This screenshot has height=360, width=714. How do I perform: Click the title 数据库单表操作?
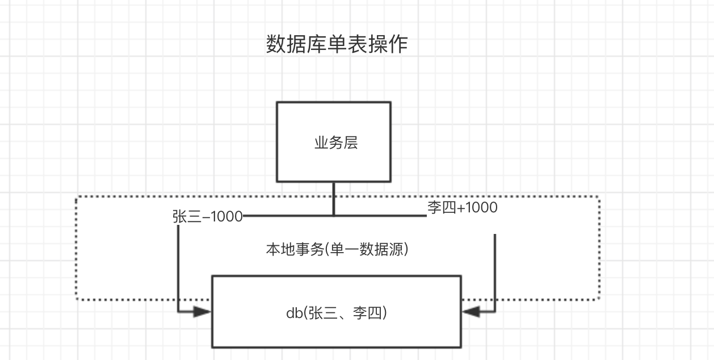337,44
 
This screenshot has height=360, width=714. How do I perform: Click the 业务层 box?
334,142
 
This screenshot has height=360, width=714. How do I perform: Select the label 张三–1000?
208,216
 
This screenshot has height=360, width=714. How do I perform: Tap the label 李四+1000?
462,208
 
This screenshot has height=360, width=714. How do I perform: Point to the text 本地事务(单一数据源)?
337,249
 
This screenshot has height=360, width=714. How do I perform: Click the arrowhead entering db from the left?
202,311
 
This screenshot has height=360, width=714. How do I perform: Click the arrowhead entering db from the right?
471,311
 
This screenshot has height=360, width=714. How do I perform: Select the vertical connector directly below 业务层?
334,199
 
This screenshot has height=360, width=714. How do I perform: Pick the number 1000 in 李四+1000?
481,208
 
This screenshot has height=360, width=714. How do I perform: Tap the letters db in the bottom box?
293,312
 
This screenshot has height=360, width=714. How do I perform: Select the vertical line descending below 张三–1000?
178,267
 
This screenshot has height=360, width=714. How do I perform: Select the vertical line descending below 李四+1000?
495,273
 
